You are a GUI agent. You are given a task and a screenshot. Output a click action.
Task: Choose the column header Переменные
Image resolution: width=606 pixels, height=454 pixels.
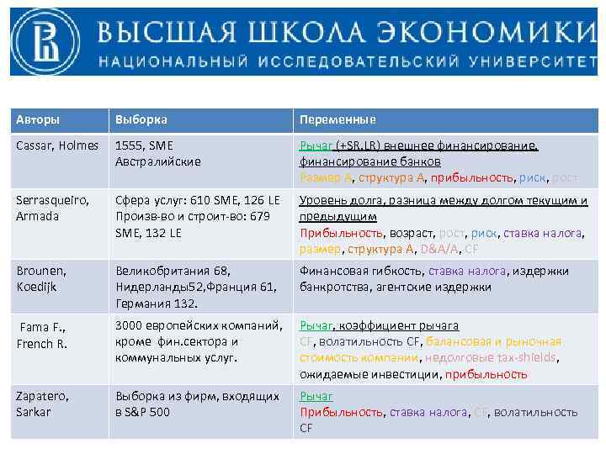(338, 119)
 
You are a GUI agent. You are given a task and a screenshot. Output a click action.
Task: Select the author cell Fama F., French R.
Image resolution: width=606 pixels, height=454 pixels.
(43, 335)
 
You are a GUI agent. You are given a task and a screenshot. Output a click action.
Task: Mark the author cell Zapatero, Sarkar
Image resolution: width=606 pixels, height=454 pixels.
(43, 404)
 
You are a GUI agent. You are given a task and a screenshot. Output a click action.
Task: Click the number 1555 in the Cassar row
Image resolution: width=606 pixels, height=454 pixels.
(129, 145)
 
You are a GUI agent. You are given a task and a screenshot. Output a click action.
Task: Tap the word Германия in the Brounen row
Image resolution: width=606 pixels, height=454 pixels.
(141, 302)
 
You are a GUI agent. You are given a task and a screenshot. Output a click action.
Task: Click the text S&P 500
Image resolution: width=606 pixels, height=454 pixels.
(146, 411)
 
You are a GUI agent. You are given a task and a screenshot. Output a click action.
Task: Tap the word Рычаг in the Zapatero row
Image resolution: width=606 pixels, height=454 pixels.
(316, 396)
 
